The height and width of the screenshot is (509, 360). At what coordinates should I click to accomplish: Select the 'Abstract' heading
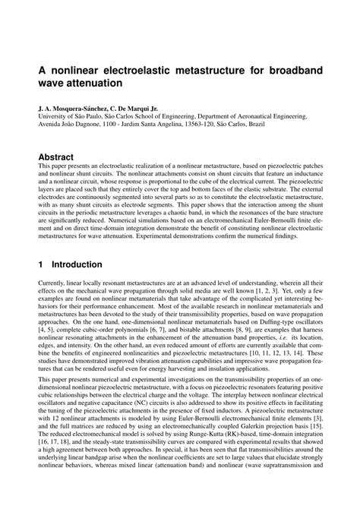tap(56, 157)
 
